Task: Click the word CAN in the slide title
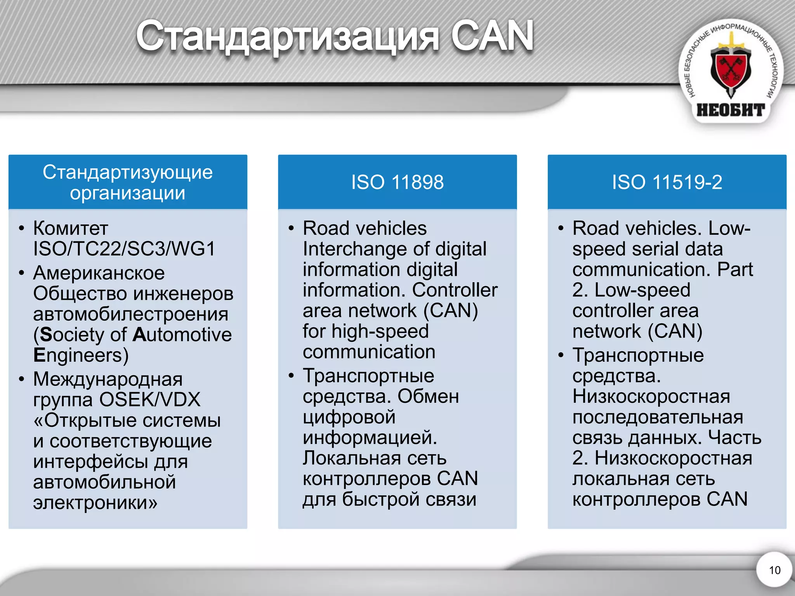click(x=492, y=36)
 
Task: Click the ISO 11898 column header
click(x=397, y=182)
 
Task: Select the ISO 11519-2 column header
click(x=667, y=182)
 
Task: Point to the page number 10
click(x=774, y=570)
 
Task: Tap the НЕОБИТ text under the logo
click(x=731, y=110)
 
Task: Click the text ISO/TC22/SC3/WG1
click(x=124, y=249)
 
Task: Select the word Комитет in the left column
click(x=71, y=228)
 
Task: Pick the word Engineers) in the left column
click(x=81, y=355)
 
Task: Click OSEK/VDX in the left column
click(x=150, y=400)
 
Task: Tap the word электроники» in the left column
click(x=95, y=502)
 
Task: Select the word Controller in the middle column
click(x=455, y=290)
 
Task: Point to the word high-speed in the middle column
click(x=380, y=331)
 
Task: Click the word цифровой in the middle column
click(x=349, y=417)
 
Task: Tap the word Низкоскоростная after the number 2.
click(x=673, y=458)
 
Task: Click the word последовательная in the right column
click(x=658, y=417)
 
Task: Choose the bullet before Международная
click(x=22, y=379)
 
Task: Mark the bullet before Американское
click(x=22, y=273)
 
